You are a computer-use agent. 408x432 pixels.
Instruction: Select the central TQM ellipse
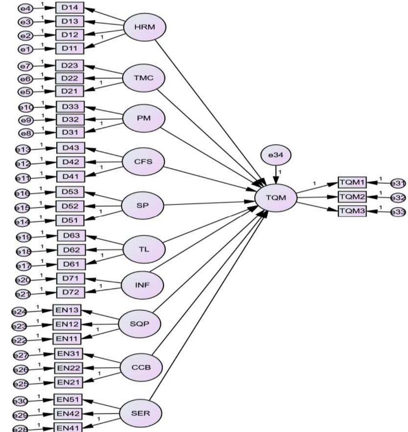(276, 197)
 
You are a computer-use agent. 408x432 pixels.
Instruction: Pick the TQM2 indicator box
(352, 197)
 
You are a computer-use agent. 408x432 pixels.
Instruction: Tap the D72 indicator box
(70, 291)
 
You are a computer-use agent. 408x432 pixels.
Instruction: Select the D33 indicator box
(70, 107)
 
